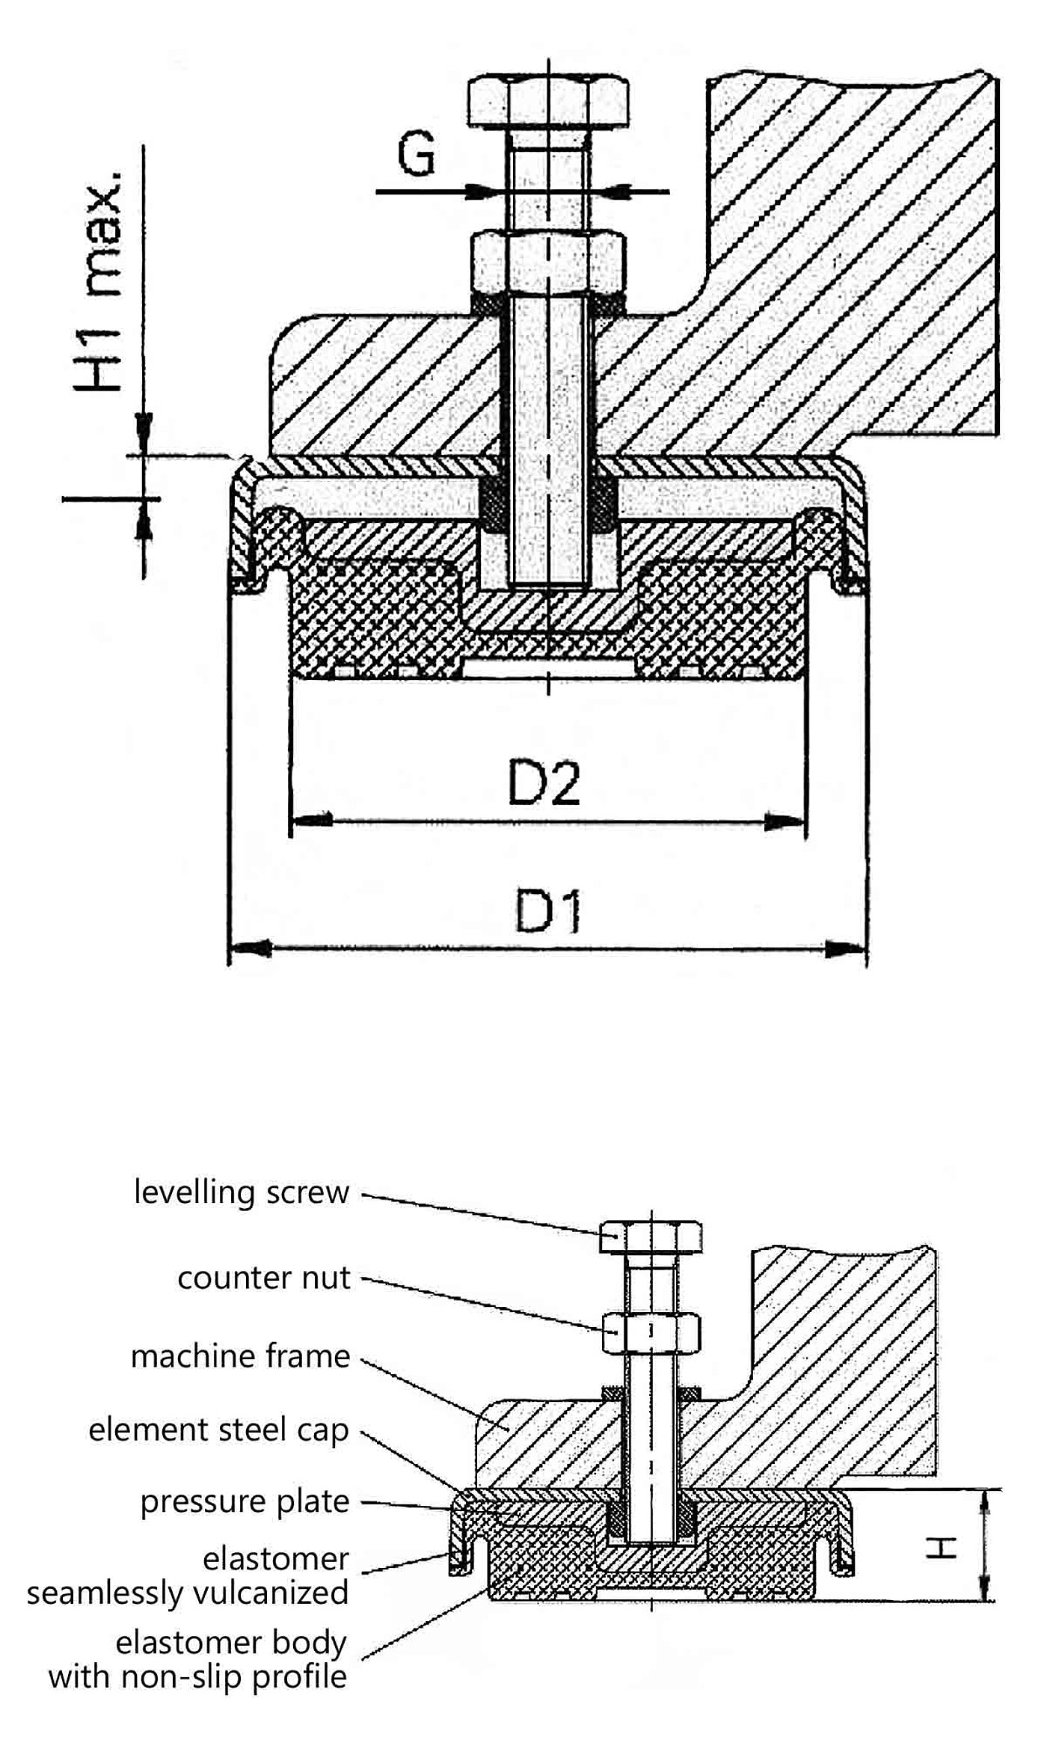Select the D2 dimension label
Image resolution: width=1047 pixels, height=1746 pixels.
pos(544,783)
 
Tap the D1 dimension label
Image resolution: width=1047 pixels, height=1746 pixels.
pos(548,910)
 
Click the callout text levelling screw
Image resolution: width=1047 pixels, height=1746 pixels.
pos(242,1192)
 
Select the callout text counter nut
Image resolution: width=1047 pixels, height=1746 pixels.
pos(263,1278)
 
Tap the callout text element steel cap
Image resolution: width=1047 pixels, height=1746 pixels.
pos(218,1430)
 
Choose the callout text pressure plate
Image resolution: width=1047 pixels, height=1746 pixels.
pos(245,1501)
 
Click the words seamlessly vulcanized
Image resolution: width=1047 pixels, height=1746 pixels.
pos(188,1593)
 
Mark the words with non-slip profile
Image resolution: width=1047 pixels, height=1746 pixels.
pos(197,1676)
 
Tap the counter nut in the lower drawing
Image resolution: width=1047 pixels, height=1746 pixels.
pos(651,1332)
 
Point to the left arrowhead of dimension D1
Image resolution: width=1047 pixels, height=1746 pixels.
pos(249,949)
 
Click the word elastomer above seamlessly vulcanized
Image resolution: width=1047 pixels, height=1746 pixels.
pos(275,1559)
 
